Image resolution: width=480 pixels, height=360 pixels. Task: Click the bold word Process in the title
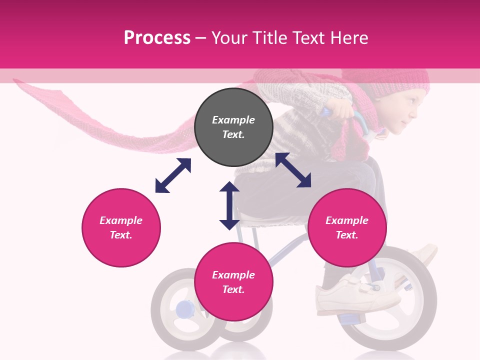click(157, 38)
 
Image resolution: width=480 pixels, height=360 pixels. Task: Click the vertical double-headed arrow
click(229, 205)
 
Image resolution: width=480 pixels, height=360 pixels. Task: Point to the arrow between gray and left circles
click(173, 175)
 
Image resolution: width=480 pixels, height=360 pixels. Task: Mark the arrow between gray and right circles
click(293, 170)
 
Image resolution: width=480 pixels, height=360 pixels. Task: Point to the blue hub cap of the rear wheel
click(183, 309)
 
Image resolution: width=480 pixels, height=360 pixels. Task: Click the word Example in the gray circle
click(233, 120)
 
